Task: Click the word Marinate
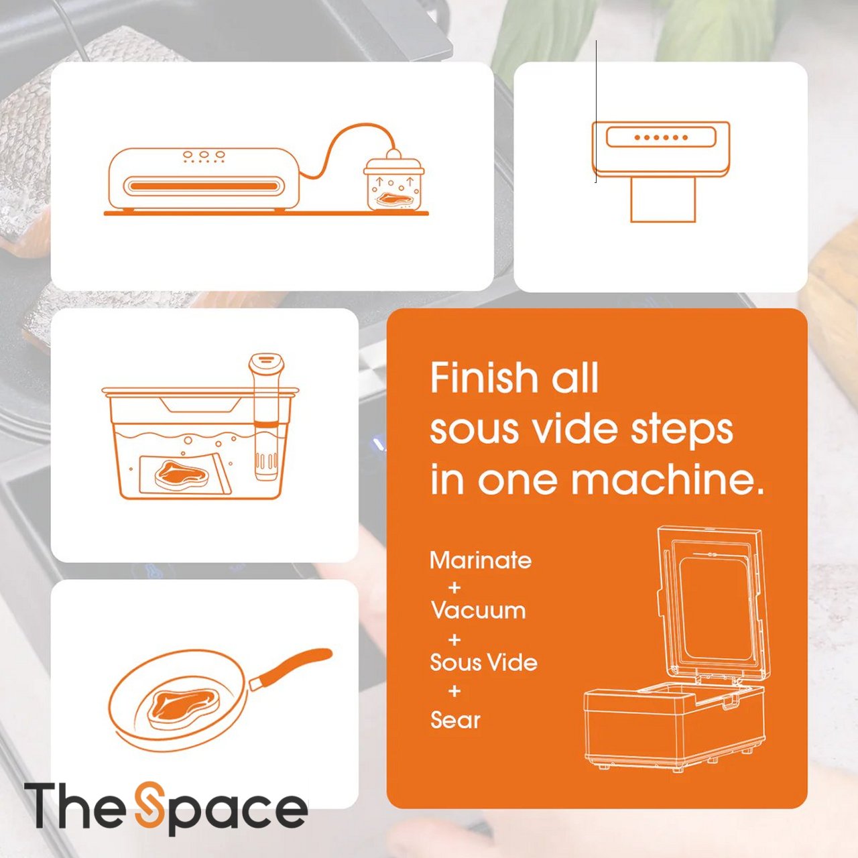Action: [x=481, y=560]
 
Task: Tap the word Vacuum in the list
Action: [x=478, y=610]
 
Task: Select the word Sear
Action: [x=456, y=720]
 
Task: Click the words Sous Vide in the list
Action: [x=483, y=662]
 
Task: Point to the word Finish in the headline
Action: [x=483, y=377]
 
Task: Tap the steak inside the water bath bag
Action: [x=182, y=475]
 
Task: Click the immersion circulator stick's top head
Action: [x=266, y=364]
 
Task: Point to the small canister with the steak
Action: [x=393, y=182]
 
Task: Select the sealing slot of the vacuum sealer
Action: [x=204, y=186]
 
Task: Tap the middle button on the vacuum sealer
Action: [x=204, y=154]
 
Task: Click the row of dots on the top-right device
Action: [x=661, y=137]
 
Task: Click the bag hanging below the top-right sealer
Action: [x=663, y=200]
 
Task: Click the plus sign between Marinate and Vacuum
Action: [x=454, y=588]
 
